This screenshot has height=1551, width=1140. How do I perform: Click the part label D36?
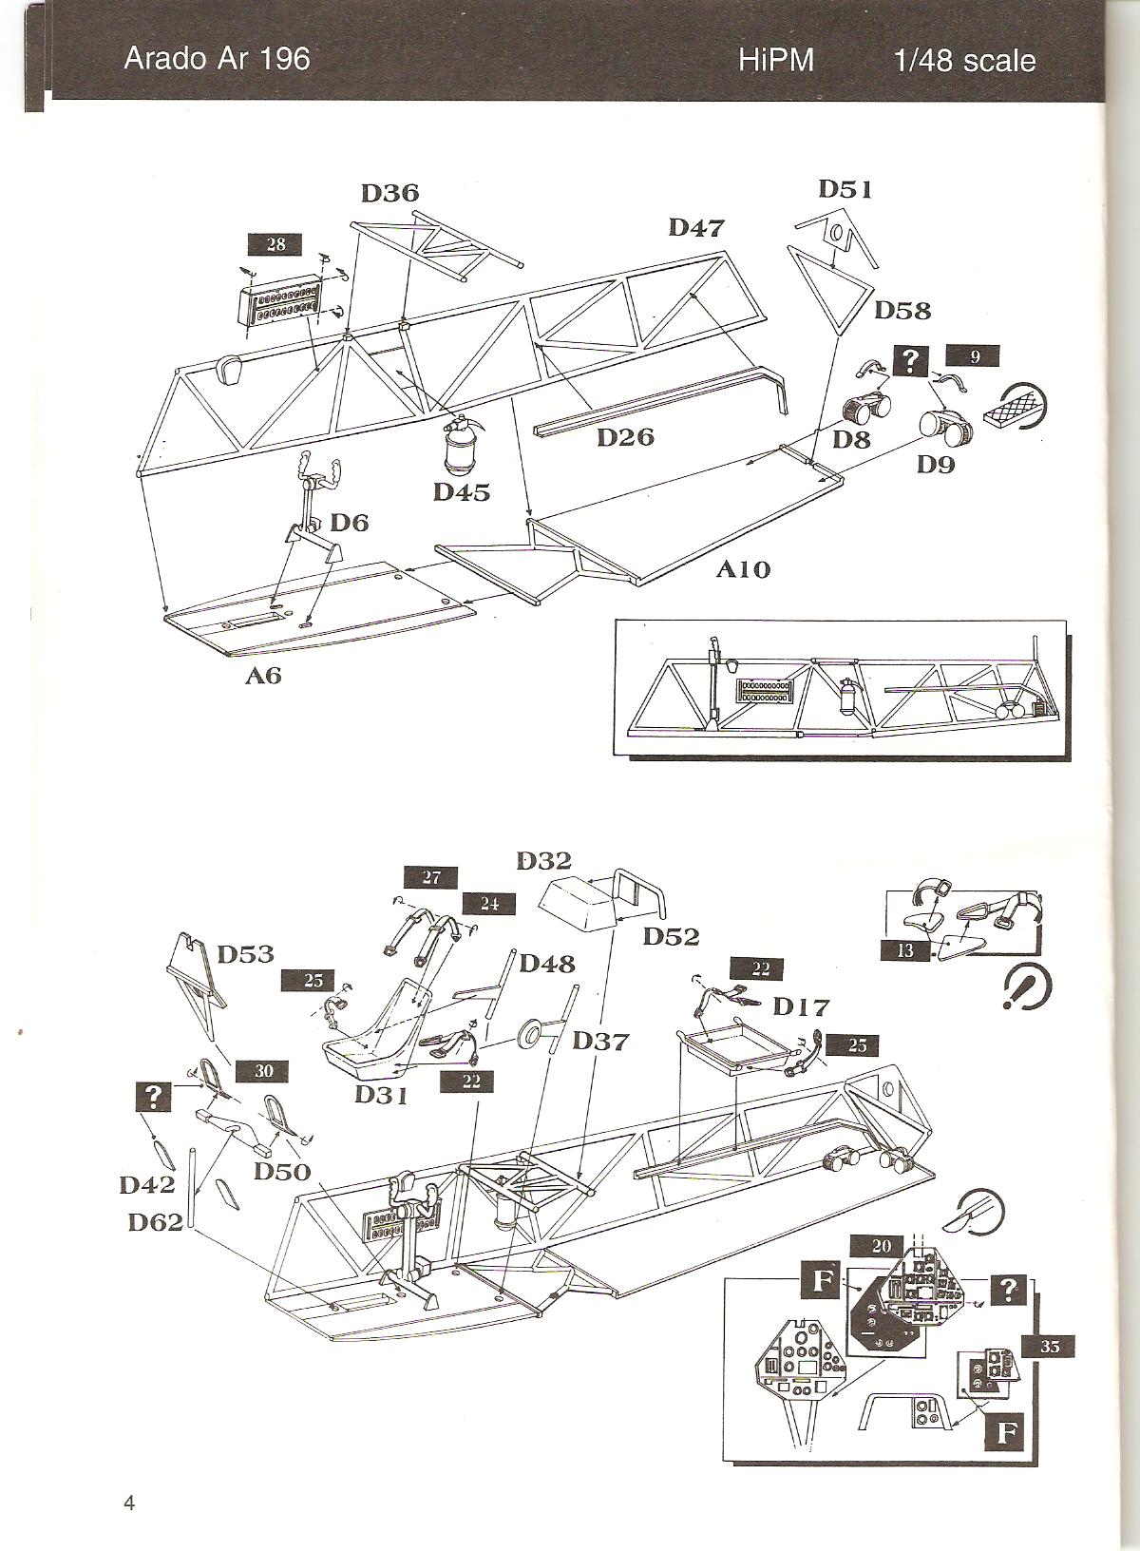point(389,193)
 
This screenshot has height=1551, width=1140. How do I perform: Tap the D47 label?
point(696,228)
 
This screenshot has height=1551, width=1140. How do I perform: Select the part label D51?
point(845,189)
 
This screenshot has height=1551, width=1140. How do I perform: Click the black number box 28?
point(275,244)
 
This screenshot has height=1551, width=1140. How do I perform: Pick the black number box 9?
point(974,357)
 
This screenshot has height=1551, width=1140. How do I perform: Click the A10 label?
point(743,569)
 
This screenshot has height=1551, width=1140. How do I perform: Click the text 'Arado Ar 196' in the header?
point(217,59)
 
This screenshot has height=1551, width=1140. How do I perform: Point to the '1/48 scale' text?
point(963,61)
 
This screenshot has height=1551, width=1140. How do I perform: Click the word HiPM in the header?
point(776,61)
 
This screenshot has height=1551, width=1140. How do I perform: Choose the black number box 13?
point(904,948)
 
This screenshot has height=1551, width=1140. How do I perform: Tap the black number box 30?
point(263,1070)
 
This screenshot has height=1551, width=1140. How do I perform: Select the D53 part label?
point(245,954)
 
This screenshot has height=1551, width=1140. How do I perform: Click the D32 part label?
point(544,861)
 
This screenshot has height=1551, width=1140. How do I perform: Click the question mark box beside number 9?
point(912,359)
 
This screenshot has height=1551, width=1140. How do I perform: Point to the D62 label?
point(156,1222)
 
